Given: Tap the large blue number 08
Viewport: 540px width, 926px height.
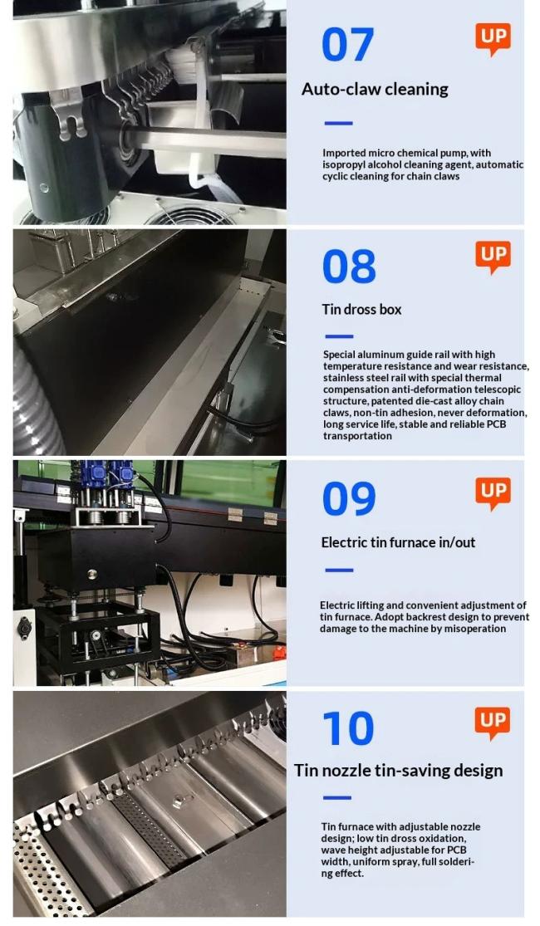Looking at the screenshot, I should pos(349,267).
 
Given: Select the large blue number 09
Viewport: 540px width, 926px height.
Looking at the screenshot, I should pos(349,498).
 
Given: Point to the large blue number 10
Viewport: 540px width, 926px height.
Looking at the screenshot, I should pos(348,728).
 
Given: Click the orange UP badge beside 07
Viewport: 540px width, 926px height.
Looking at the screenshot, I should pos(493,38).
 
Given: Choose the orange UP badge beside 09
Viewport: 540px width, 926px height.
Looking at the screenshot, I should pos(493,492).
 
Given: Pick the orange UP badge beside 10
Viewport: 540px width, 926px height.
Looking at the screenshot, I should pos(493,721).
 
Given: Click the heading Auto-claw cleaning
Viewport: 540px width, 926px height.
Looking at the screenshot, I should pos(375,89).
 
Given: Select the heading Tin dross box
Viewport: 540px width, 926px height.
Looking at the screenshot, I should pos(361,309).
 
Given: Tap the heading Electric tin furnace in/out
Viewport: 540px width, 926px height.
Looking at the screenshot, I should pos(398,542).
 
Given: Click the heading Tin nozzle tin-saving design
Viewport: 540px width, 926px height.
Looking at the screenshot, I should pos(398,771).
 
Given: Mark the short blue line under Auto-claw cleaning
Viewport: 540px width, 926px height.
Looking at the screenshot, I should pos(338,124).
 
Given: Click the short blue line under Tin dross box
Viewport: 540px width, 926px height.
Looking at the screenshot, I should pos(338,336).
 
